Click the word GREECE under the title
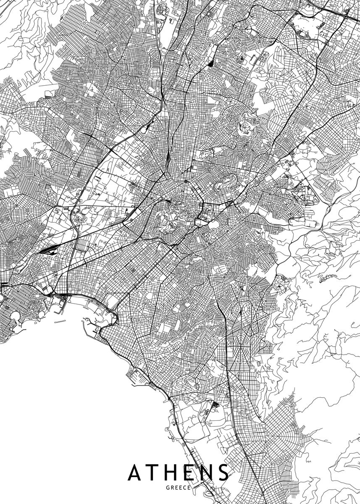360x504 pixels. point(179,488)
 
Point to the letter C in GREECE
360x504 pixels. point(185,488)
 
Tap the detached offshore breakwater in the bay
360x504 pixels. point(60,322)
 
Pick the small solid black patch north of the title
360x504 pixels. point(215,404)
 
